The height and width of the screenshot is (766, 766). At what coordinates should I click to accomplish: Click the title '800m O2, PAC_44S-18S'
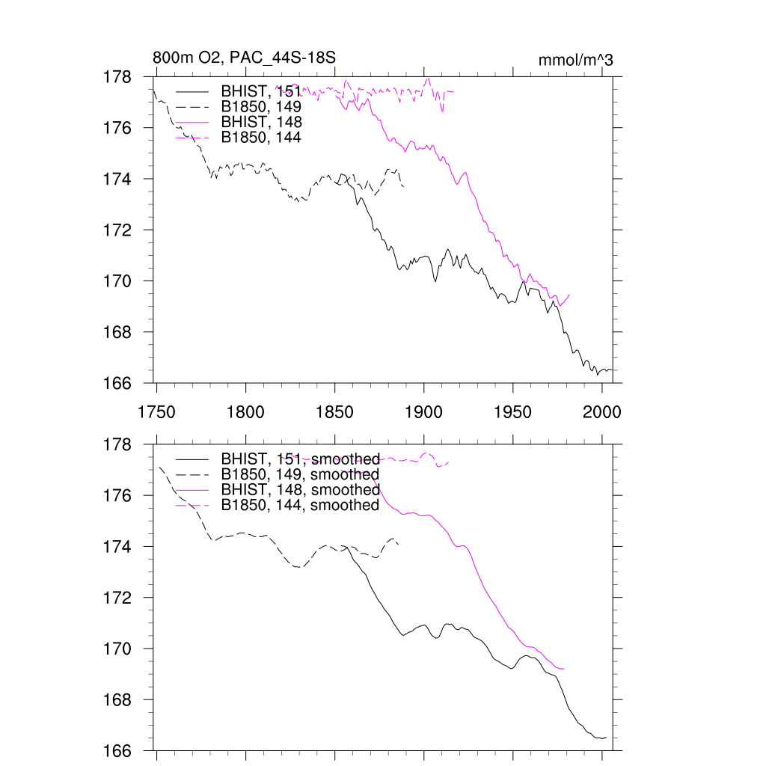pyautogui.click(x=238, y=58)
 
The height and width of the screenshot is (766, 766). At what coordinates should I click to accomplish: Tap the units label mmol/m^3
pyautogui.click(x=575, y=60)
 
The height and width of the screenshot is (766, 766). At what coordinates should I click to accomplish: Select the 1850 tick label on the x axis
pyautogui.click(x=334, y=411)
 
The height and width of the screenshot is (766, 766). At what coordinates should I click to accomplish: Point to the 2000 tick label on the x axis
pyautogui.click(x=602, y=411)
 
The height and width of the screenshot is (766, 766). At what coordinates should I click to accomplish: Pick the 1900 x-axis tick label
pyautogui.click(x=423, y=411)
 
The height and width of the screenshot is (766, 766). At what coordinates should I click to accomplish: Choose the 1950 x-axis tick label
pyautogui.click(x=513, y=411)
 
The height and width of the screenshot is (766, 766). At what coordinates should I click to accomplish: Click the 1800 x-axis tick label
pyautogui.click(x=245, y=411)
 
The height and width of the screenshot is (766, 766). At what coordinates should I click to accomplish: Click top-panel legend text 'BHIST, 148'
pyautogui.click(x=261, y=122)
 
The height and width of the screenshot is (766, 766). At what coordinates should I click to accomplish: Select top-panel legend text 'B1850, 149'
pyautogui.click(x=261, y=106)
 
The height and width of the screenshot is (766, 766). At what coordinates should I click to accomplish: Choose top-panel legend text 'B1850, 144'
pyautogui.click(x=261, y=138)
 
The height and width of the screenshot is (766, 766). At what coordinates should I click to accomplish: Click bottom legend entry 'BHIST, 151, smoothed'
pyautogui.click(x=301, y=459)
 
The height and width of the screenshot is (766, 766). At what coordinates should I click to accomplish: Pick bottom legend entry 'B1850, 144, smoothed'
pyautogui.click(x=301, y=506)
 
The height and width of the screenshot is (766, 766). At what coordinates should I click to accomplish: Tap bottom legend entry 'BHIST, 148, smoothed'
pyautogui.click(x=301, y=490)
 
